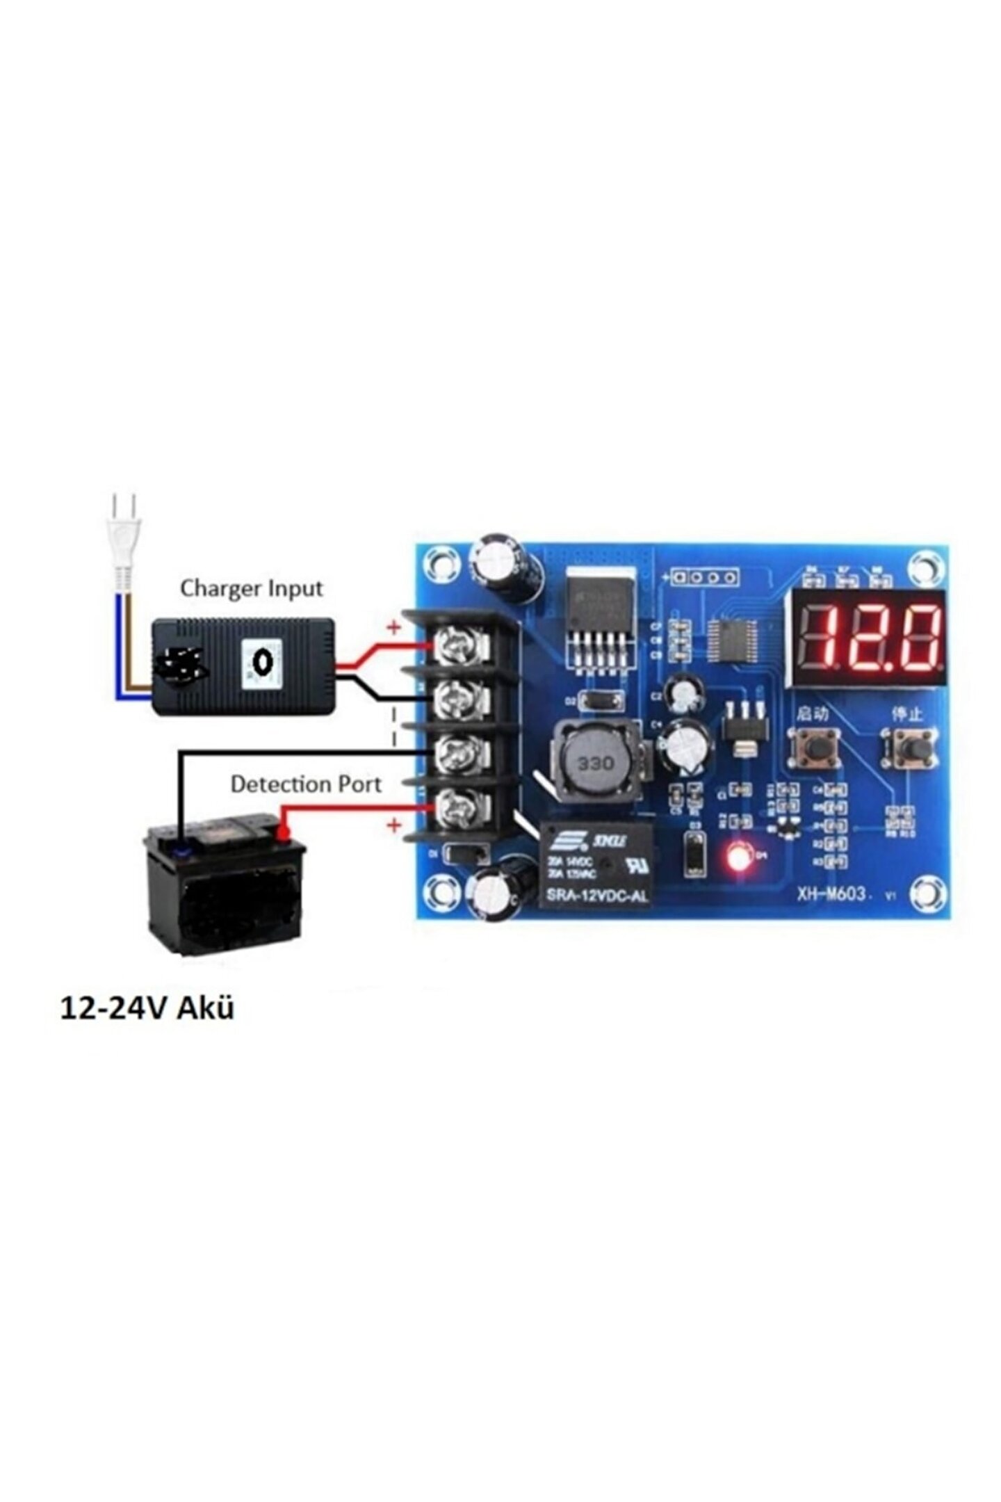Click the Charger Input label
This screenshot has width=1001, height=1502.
251,588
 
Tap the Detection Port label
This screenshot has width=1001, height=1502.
306,784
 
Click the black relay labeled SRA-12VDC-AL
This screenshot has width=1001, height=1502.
597,864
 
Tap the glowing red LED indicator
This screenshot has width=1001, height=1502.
740,857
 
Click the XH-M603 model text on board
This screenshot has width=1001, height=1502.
831,895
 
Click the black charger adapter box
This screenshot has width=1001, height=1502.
243,666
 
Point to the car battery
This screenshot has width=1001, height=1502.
224,884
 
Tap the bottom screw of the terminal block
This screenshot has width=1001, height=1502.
458,807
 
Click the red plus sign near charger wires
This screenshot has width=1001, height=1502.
394,627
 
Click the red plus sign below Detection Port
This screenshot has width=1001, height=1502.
394,825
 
